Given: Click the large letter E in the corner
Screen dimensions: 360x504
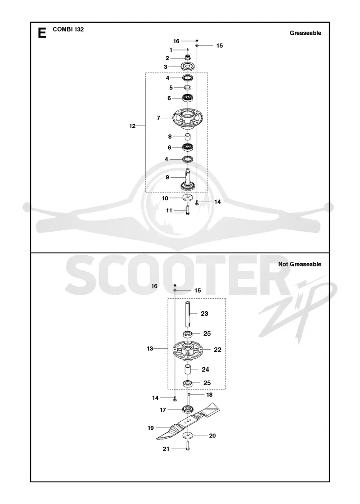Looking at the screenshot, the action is [x=42, y=32].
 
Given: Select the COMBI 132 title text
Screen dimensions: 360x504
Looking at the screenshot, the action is [x=68, y=29].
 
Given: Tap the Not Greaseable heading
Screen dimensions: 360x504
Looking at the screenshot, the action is [x=300, y=264].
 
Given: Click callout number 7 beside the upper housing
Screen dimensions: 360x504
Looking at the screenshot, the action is [x=158, y=118].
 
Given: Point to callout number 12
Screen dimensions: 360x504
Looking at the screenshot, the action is [x=132, y=126].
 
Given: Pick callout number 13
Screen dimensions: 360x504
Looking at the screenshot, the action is [x=150, y=348].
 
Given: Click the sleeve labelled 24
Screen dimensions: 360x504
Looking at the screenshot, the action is [x=188, y=369].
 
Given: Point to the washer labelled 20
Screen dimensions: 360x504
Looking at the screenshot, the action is [x=188, y=436].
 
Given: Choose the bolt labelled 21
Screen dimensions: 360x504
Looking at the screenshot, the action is [x=188, y=445].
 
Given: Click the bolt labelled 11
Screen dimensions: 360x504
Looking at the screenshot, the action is [x=188, y=210].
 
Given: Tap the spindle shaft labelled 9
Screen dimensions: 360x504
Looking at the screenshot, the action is [x=188, y=180].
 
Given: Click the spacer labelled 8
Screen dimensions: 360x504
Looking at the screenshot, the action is [x=187, y=137].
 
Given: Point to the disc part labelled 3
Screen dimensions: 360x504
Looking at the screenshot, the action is [x=187, y=67].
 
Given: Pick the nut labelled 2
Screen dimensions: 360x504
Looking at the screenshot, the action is [x=187, y=58].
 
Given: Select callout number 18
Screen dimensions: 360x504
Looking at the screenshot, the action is [x=210, y=395].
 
